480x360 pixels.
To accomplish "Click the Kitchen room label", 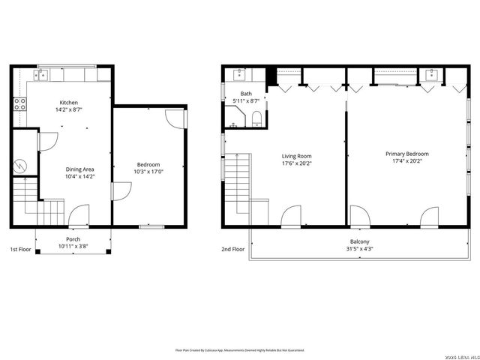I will [x=69, y=103].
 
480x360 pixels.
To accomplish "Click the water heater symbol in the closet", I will [x=23, y=164].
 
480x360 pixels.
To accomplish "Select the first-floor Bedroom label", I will [x=148, y=165].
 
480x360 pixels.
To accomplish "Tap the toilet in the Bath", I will [x=256, y=118].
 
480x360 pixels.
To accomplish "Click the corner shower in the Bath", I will [x=235, y=117].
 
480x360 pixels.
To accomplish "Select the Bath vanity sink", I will [x=239, y=74].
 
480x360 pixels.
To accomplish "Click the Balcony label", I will [x=359, y=241].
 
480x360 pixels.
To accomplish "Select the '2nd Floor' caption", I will [x=232, y=249].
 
